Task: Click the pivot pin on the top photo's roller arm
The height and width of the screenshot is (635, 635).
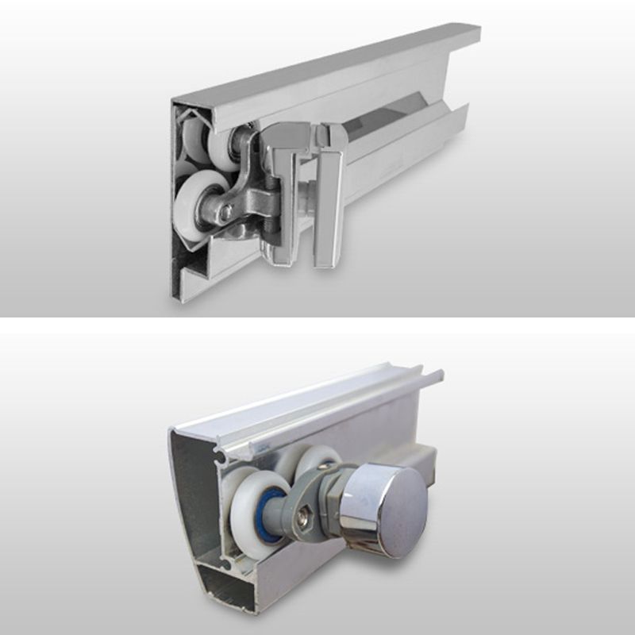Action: pos(227,212)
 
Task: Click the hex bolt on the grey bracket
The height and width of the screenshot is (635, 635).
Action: pos(305,520)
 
